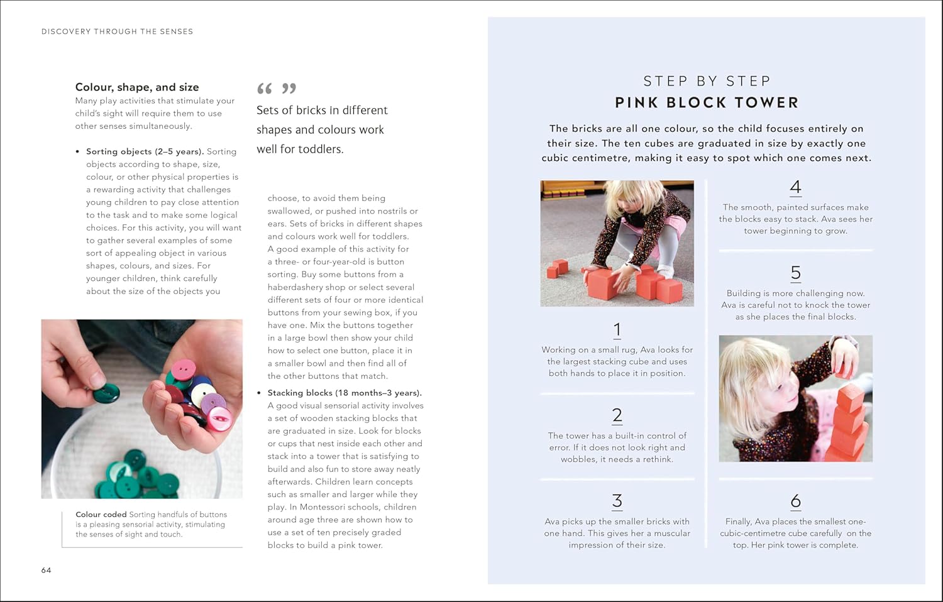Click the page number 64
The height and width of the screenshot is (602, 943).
[47, 570]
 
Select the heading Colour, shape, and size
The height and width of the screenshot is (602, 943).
[137, 87]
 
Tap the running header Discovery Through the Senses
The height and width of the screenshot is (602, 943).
[117, 31]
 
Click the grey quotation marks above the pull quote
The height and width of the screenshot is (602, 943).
[277, 89]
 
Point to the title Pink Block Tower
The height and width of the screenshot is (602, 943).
[707, 102]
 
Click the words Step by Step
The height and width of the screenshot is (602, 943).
[707, 81]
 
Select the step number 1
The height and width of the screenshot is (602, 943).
[617, 330]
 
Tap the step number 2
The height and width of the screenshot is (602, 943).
[617, 415]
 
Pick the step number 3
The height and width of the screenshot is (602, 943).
[617, 501]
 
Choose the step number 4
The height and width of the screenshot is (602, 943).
[796, 188]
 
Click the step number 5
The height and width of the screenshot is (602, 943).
[796, 273]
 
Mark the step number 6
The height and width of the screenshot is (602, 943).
[796, 501]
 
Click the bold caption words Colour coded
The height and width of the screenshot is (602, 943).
[101, 515]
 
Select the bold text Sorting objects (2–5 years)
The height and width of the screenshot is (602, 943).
[145, 151]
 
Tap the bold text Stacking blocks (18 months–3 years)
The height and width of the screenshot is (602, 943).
[345, 393]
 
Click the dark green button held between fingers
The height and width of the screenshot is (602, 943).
[106, 393]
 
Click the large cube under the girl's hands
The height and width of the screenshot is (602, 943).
[604, 284]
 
